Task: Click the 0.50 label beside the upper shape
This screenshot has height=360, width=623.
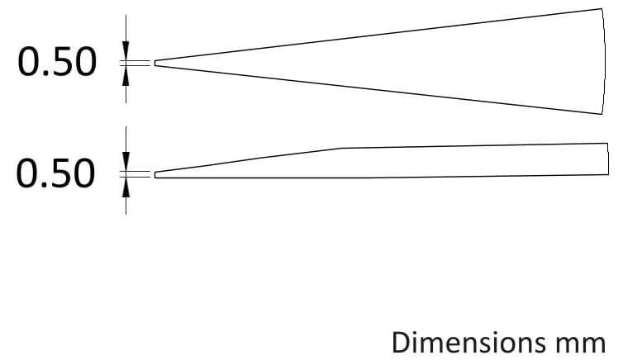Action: [57, 62]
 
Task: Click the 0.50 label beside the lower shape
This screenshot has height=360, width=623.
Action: [55, 173]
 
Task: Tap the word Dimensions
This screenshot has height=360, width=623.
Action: [468, 343]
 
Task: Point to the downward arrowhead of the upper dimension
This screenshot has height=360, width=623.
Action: [126, 51]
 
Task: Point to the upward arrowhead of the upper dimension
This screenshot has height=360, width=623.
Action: [126, 75]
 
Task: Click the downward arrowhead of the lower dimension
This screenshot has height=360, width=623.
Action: [126, 162]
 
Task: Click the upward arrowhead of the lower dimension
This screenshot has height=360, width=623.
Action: [126, 187]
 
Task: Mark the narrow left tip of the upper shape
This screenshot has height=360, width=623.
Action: [155, 63]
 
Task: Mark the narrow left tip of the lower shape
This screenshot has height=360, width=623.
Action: [155, 175]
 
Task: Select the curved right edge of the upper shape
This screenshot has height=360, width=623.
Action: [605, 61]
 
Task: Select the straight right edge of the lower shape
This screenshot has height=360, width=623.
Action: [608, 159]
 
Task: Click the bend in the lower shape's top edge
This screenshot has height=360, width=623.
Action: [343, 148]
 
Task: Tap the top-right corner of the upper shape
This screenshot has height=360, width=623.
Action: [602, 8]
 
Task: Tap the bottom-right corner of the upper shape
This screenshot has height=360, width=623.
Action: [602, 114]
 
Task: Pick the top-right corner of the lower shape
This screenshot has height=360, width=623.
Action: [608, 143]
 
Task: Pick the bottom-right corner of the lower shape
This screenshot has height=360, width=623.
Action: [608, 175]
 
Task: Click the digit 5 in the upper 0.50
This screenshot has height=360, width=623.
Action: [60, 62]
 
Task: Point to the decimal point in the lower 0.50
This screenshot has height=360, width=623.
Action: [45, 185]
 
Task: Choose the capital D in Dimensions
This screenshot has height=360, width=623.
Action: [402, 343]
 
